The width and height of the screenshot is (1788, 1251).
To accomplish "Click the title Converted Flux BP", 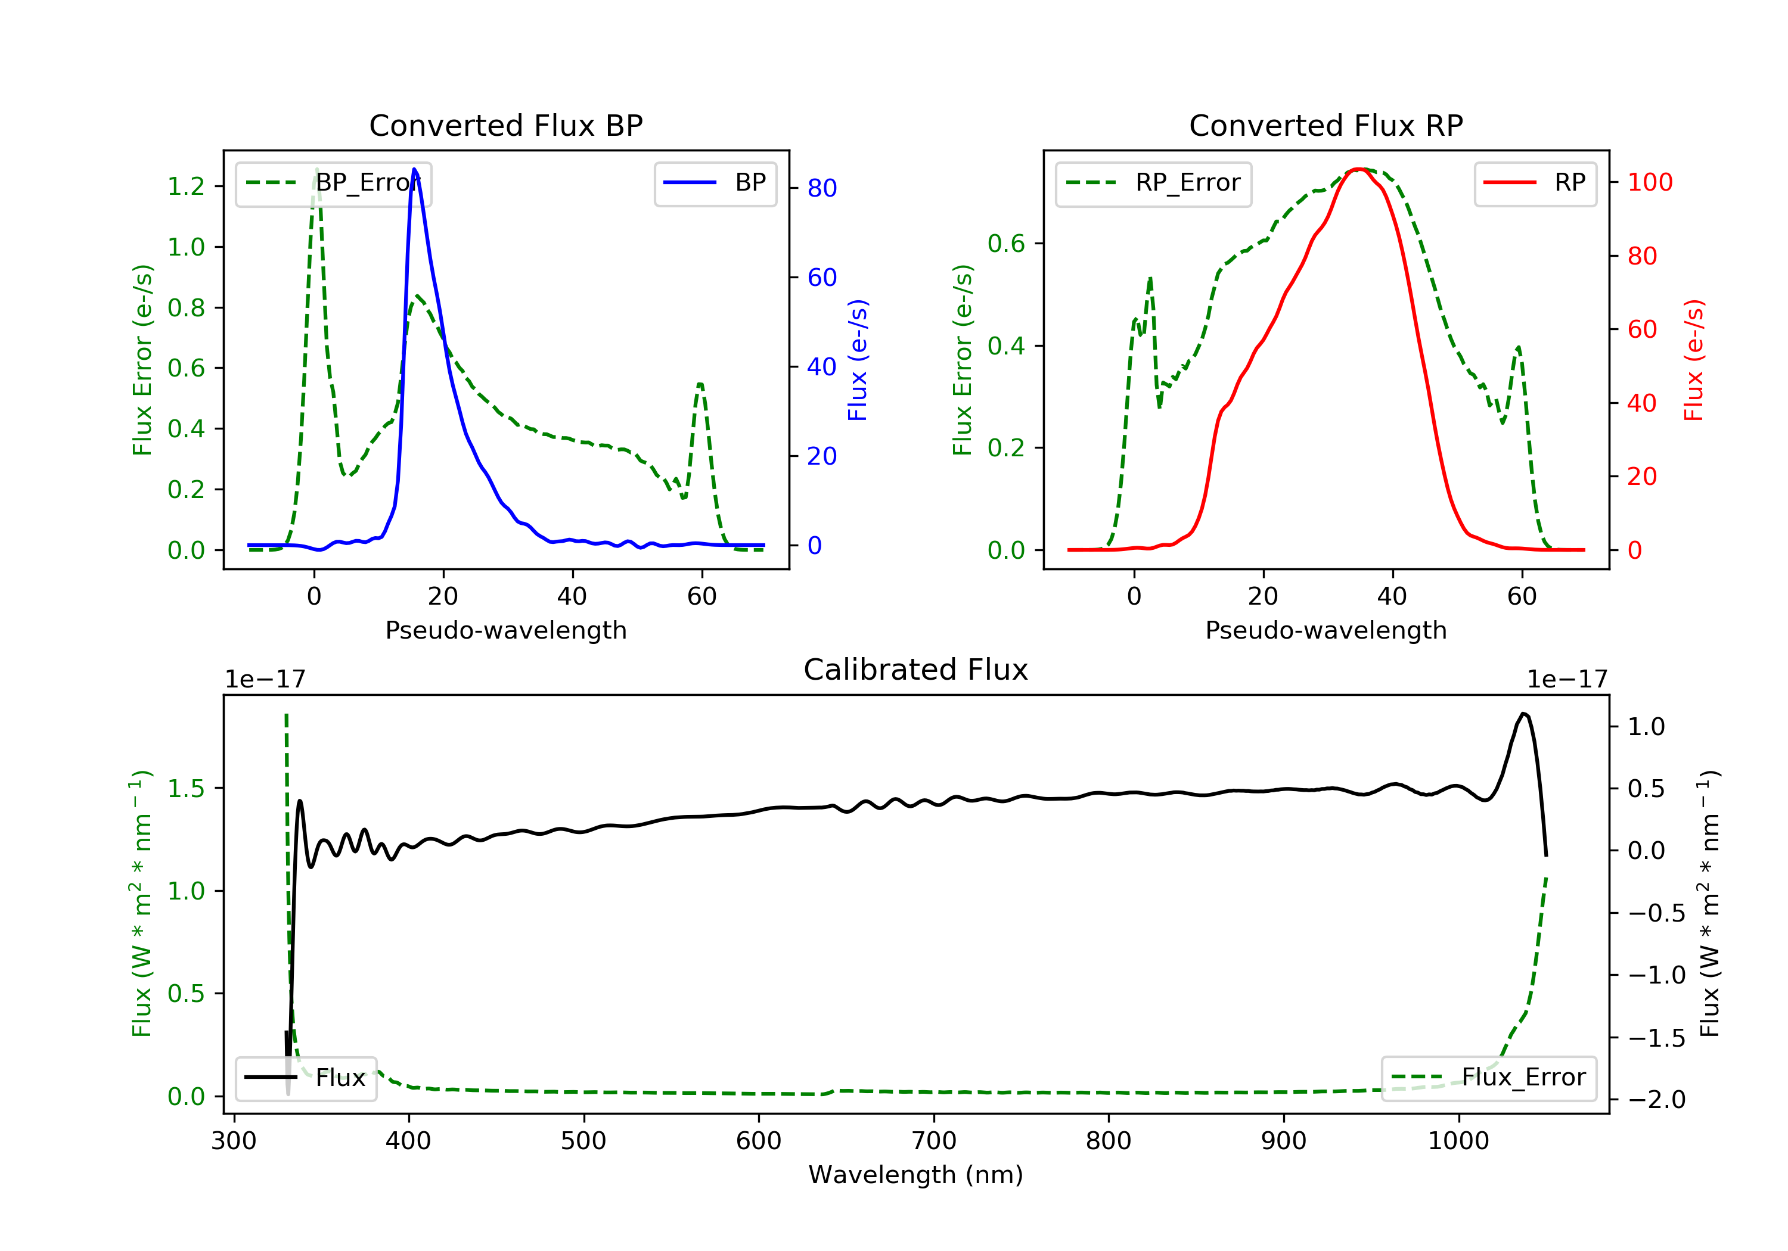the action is [505, 125].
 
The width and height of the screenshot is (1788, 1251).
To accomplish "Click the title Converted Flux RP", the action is [1326, 125].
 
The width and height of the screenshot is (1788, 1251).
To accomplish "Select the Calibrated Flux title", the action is [916, 670].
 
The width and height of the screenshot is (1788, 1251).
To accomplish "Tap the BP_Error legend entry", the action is [333, 183].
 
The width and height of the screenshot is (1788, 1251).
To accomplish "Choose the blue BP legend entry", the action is [715, 183].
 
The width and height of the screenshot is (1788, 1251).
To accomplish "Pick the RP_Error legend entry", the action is [1153, 183].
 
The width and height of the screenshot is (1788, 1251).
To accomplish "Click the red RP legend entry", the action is [1535, 183].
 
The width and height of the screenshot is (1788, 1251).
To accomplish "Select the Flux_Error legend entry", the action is [1488, 1078].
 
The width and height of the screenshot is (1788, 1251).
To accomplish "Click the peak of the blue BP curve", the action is [414, 169].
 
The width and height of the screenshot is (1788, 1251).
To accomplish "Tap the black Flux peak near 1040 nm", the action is [1523, 713].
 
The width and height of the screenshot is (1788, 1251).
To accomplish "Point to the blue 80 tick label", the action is [821, 188].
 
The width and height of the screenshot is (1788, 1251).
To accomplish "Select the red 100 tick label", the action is [1650, 182].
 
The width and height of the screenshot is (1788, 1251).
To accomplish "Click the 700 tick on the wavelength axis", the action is [934, 1141].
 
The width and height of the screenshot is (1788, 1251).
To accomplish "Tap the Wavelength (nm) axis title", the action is [916, 1175].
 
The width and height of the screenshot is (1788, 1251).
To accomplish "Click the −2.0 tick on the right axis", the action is [1656, 1100].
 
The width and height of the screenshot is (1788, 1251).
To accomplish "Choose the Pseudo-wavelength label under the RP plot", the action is [1326, 630].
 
